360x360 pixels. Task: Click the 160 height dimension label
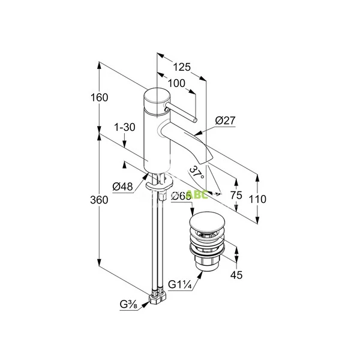(x=100, y=97)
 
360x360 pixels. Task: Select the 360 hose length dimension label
(x=100, y=200)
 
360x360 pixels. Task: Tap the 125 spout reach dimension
(x=181, y=67)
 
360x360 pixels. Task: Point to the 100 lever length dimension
(x=176, y=83)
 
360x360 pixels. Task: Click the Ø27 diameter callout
(x=224, y=121)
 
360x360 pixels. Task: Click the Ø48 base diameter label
(x=123, y=187)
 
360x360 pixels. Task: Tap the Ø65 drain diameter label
(x=180, y=196)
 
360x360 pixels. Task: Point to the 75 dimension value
(x=236, y=196)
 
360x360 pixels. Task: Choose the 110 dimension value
(x=258, y=199)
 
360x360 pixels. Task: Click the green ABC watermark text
(x=197, y=194)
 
